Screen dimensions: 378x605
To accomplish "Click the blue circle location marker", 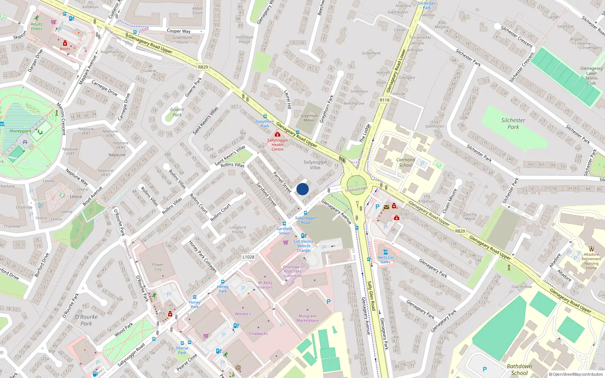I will click(x=302, y=189).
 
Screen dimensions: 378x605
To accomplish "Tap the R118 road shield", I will click(x=385, y=100).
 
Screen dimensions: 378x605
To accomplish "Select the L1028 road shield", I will click(x=248, y=257).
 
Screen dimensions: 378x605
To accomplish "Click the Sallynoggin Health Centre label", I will click(x=278, y=145).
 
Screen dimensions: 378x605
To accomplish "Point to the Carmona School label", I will click(x=405, y=163).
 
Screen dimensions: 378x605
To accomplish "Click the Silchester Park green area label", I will click(x=513, y=124).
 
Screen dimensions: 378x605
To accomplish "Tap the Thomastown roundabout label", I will click(x=356, y=189).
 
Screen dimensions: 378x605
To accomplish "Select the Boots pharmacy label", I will click(x=65, y=49).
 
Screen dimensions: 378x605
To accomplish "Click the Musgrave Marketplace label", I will click(x=307, y=318).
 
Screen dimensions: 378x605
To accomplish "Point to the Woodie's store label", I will click(x=243, y=314).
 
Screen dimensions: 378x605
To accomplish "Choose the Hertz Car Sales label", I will click(x=386, y=260).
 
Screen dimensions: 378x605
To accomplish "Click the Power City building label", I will click(x=158, y=267).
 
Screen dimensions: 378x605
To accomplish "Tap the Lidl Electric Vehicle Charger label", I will click(x=304, y=246).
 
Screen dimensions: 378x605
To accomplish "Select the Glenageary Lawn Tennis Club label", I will click(x=591, y=76).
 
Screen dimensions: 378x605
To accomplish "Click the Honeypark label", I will click(x=20, y=131).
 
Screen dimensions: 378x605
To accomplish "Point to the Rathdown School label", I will click(x=519, y=370).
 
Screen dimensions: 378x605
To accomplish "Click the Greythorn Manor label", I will click(x=309, y=118).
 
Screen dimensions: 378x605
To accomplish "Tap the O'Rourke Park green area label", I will click(x=86, y=320).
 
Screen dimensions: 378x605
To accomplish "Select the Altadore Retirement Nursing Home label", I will click(x=591, y=261).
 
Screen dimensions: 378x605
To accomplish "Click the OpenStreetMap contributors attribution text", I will click(x=576, y=375).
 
